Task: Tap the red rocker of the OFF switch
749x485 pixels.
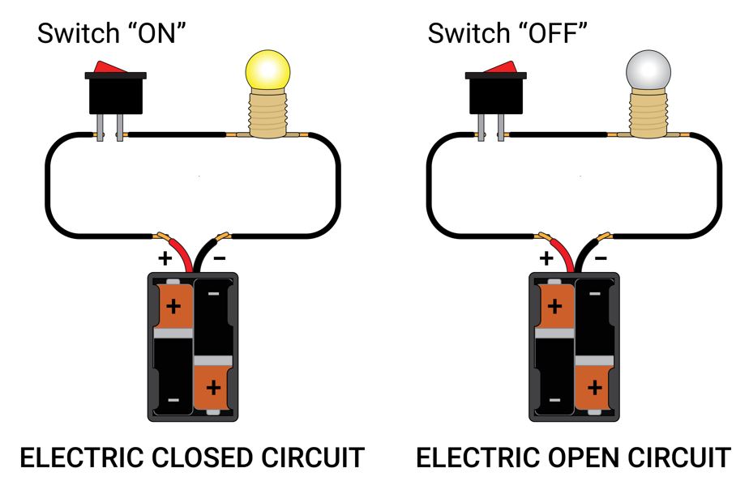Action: pyautogui.click(x=494, y=67)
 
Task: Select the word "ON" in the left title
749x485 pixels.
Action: pyautogui.click(x=164, y=34)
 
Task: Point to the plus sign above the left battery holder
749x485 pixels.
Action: pyautogui.click(x=165, y=259)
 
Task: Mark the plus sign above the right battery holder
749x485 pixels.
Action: pyautogui.click(x=546, y=259)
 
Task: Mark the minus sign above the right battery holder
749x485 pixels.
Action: pyautogui.click(x=601, y=259)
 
